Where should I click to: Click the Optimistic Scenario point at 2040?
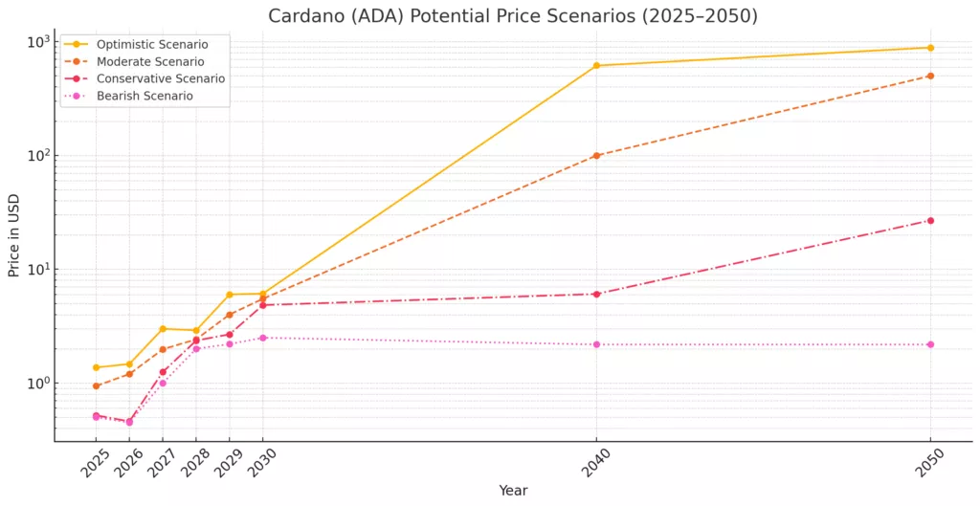(596, 66)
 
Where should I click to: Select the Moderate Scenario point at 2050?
(930, 76)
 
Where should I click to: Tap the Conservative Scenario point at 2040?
(596, 294)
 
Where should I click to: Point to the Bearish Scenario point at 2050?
(930, 344)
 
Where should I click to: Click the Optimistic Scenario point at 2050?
(930, 48)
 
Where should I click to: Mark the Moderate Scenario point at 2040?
(596, 155)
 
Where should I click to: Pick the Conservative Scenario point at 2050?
(930, 221)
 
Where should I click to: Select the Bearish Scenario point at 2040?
(596, 344)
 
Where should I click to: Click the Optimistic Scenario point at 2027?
(163, 329)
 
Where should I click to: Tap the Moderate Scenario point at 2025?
(97, 385)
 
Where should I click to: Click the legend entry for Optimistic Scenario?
(148, 44)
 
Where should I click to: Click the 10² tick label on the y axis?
(36, 155)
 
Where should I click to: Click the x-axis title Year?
(513, 490)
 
